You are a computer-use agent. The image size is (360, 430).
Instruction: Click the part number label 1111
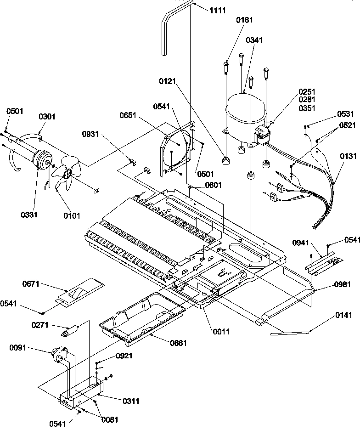click(x=218, y=10)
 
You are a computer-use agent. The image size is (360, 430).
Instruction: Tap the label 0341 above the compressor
click(x=254, y=40)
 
